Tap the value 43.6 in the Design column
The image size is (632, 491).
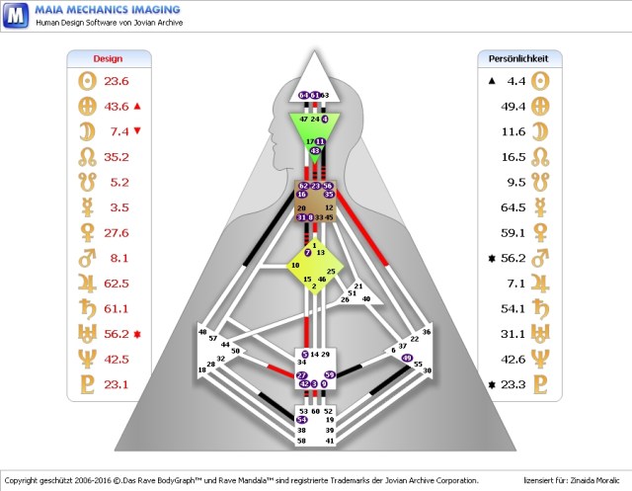pos(117,107)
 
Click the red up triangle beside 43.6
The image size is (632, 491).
pos(137,106)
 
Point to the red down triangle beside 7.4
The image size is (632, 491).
pos(137,130)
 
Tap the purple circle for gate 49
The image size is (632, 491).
pos(407,359)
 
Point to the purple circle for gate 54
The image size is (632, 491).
pos(302,420)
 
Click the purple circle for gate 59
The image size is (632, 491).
pos(330,374)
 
